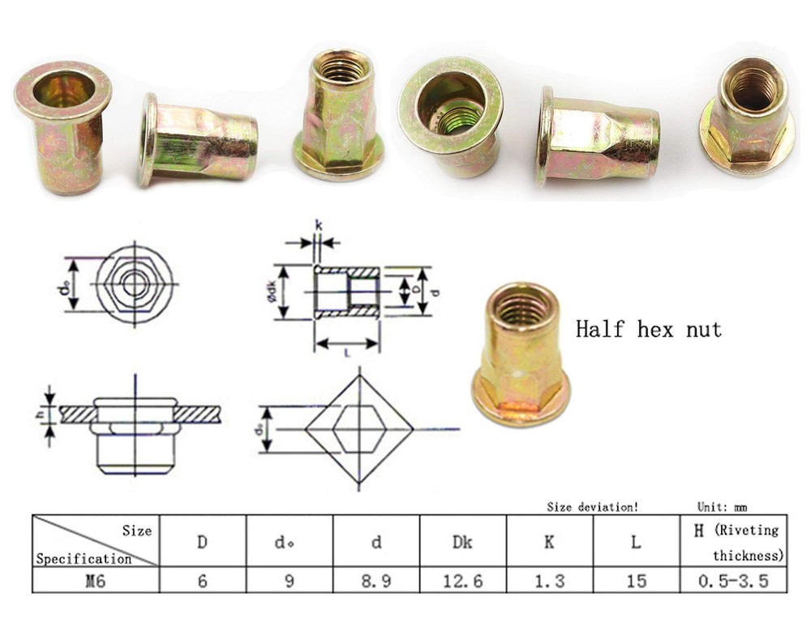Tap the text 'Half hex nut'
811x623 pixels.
(648, 330)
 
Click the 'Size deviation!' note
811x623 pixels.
(592, 507)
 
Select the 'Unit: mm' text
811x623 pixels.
(722, 507)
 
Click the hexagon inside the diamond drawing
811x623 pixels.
(358, 427)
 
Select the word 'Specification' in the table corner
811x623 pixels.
(84, 558)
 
